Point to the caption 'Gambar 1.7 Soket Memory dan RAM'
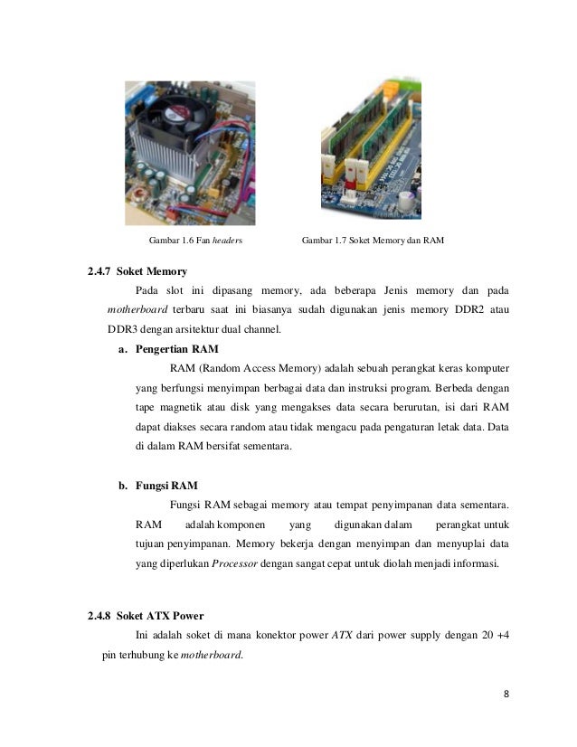click(x=373, y=241)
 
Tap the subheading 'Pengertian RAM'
click(x=175, y=348)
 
